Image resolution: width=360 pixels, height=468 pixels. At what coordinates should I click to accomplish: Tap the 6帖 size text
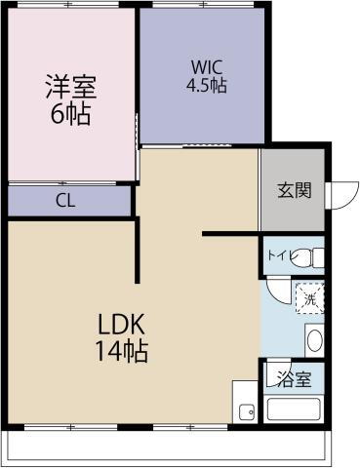(70, 113)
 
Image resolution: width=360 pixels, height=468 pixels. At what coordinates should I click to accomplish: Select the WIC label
(207, 67)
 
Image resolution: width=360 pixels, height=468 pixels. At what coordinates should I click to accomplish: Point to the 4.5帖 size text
(207, 86)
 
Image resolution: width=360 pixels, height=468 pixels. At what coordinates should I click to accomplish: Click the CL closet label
(66, 202)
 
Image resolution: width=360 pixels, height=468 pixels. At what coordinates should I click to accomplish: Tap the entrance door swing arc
(340, 193)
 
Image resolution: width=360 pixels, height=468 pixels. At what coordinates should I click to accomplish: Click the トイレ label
(278, 257)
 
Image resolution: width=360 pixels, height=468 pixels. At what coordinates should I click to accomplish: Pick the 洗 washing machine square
(309, 295)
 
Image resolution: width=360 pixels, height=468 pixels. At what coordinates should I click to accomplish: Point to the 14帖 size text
(121, 352)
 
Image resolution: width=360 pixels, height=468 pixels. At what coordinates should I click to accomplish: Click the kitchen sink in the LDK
(244, 410)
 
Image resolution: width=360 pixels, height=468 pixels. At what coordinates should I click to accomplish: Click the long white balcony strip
(166, 447)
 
